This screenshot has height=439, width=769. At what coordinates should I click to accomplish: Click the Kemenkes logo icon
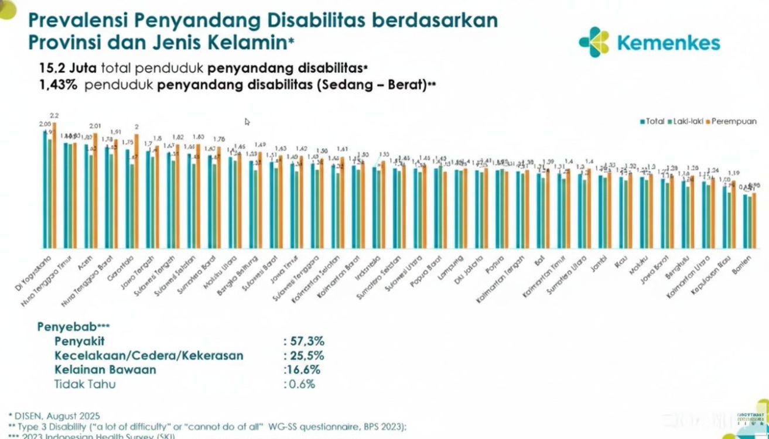click(x=594, y=42)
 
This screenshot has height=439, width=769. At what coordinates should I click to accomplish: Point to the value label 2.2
click(x=54, y=115)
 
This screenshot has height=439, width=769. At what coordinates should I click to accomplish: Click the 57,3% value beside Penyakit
click(x=303, y=341)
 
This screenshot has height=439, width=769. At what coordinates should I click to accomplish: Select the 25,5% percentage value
click(x=303, y=355)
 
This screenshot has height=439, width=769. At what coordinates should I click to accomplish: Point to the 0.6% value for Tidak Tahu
click(x=301, y=385)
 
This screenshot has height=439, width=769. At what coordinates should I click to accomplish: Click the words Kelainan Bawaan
click(x=105, y=370)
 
